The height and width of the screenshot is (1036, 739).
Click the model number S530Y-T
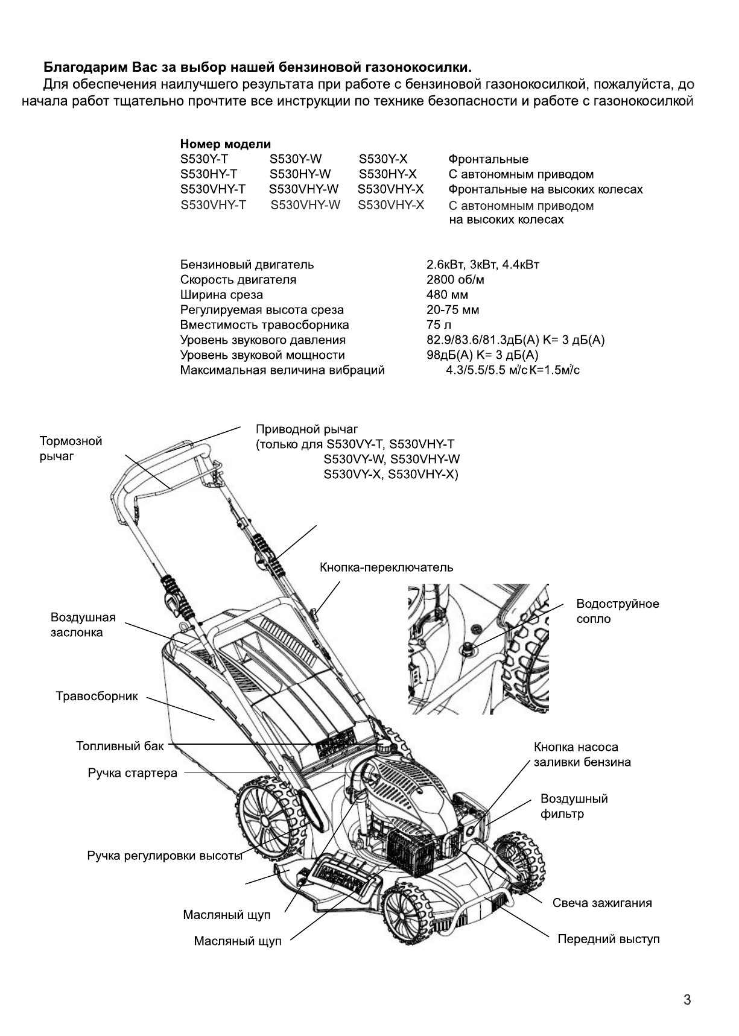[205, 159]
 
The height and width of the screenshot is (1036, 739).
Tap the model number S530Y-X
[383, 159]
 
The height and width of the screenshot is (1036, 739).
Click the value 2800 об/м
[455, 280]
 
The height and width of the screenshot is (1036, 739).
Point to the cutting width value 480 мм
[447, 295]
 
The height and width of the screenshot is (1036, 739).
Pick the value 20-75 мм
[452, 310]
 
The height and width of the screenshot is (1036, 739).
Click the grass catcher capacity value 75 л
[435, 325]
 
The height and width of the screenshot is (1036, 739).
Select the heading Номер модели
[226, 144]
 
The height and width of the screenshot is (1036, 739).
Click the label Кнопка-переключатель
[386, 567]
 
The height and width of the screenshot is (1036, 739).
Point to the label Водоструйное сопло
[618, 611]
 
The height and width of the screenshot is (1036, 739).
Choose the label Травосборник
[97, 696]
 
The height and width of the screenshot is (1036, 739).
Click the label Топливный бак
[119, 747]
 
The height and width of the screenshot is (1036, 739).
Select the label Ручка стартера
[133, 773]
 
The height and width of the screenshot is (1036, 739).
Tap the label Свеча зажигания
[602, 903]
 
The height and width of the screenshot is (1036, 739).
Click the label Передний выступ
[608, 939]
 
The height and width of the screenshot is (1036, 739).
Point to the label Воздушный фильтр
[574, 806]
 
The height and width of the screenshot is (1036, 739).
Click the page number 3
[687, 1000]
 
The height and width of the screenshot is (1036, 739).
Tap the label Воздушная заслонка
[83, 625]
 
